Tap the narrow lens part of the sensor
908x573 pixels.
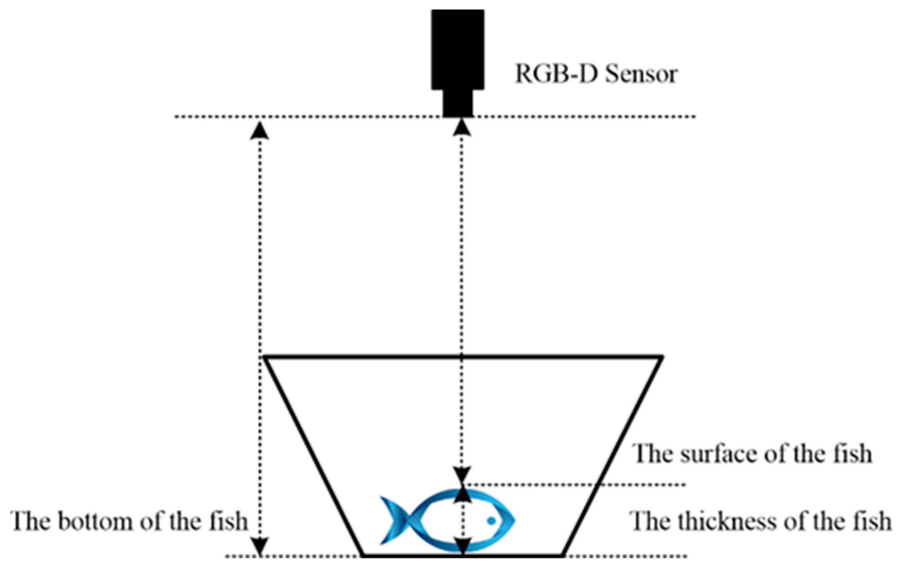point(457,103)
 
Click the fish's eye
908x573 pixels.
point(491,521)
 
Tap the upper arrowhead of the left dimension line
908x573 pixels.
point(260,130)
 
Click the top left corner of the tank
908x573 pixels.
point(265,358)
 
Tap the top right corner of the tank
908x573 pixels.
point(662,358)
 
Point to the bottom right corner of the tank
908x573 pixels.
point(563,556)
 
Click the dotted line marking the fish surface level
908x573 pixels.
point(590,484)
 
